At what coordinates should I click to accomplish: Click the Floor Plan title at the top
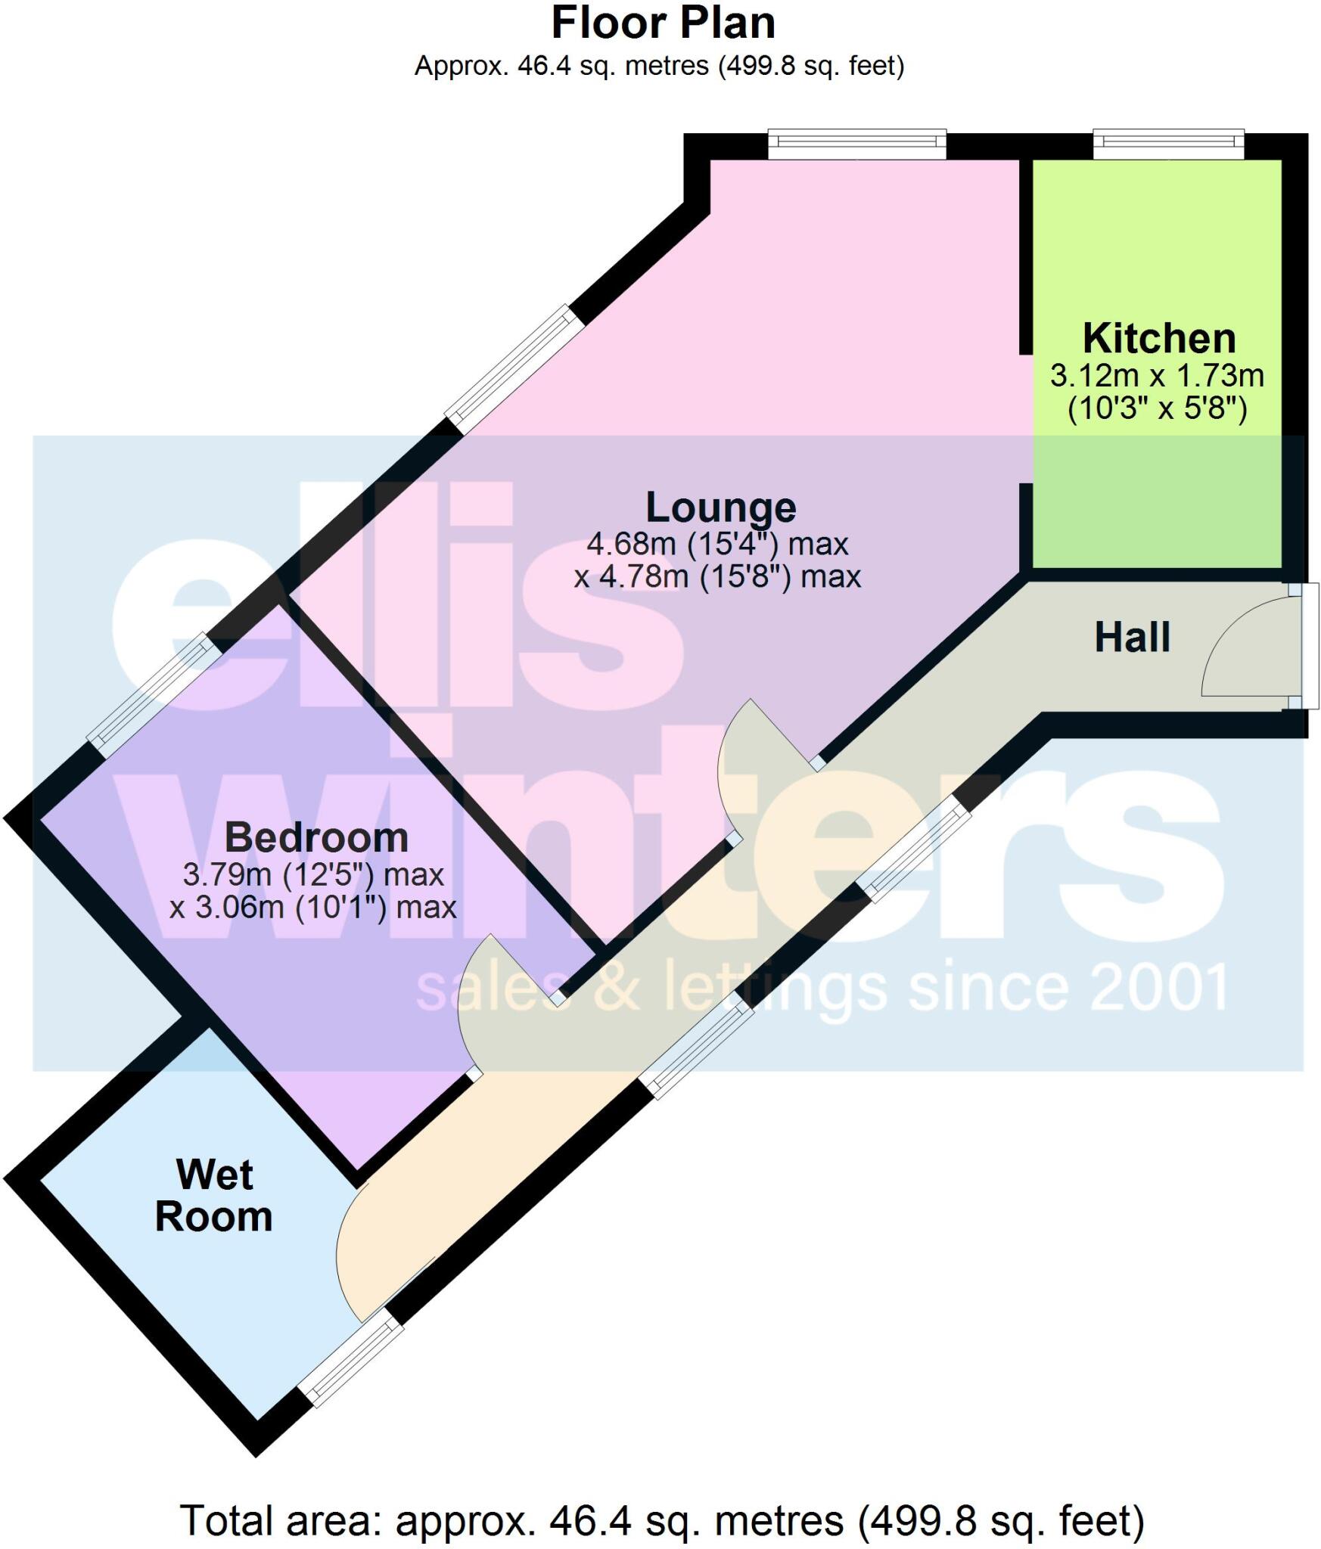click(x=663, y=24)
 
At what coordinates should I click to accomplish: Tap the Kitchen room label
click(x=1158, y=338)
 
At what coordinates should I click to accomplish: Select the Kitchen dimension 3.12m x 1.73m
click(x=1157, y=375)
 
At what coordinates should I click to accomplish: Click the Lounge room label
click(x=720, y=507)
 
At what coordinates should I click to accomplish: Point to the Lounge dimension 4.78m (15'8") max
click(x=717, y=577)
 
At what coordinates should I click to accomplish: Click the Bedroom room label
click(x=316, y=837)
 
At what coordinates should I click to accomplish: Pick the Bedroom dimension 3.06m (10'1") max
click(x=313, y=906)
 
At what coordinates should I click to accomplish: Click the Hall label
click(x=1132, y=637)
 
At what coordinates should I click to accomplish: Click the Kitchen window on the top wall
click(x=1167, y=144)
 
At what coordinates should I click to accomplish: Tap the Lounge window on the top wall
click(x=856, y=144)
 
